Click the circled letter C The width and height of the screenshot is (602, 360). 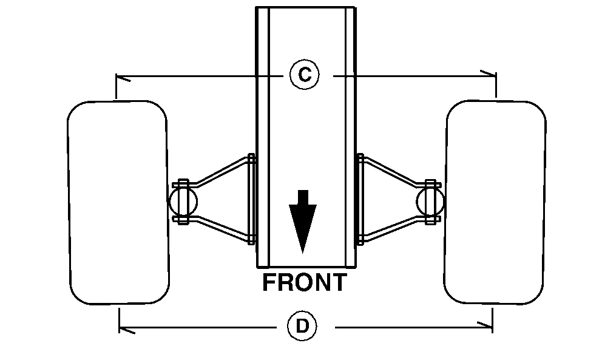pyautogui.click(x=304, y=75)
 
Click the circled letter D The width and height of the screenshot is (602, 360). pyautogui.click(x=302, y=327)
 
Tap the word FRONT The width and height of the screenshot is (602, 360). pyautogui.click(x=304, y=283)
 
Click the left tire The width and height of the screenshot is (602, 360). pyautogui.click(x=117, y=202)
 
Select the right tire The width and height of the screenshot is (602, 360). pyautogui.click(x=496, y=202)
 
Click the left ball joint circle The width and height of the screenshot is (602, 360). pyautogui.click(x=181, y=200)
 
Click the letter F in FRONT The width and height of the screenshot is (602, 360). pyautogui.click(x=269, y=283)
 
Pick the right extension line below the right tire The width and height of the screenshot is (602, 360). pyautogui.click(x=492, y=319)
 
